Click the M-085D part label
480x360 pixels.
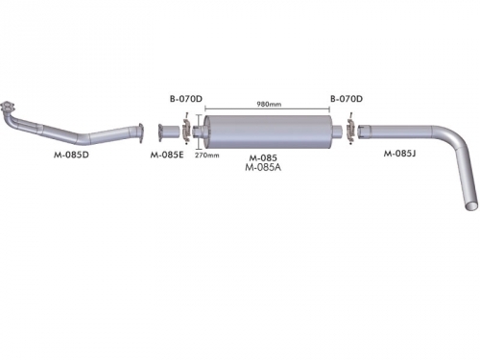click(x=71, y=155)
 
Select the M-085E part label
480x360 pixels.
click(x=167, y=156)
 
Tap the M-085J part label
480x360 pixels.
click(x=399, y=154)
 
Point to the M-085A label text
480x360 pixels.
click(x=263, y=167)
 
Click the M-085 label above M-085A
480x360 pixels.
click(x=263, y=157)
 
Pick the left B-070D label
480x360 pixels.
click(x=186, y=99)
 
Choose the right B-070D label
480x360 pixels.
click(x=347, y=99)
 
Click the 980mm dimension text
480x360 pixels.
click(x=269, y=104)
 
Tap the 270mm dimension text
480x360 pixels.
click(x=207, y=156)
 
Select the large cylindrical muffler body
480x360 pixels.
click(x=268, y=132)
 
